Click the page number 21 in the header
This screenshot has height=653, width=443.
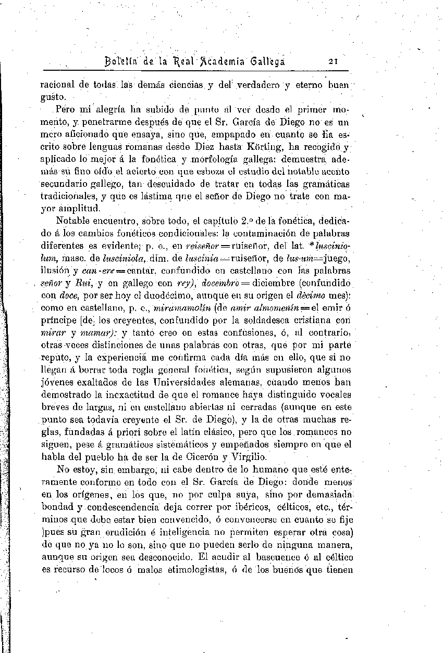pos(334,61)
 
